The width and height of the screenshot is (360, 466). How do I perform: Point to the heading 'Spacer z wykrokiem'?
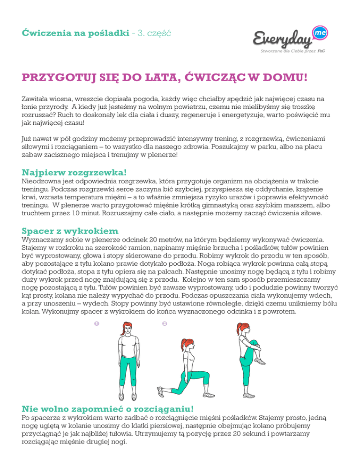pyautogui.click(x=70, y=231)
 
